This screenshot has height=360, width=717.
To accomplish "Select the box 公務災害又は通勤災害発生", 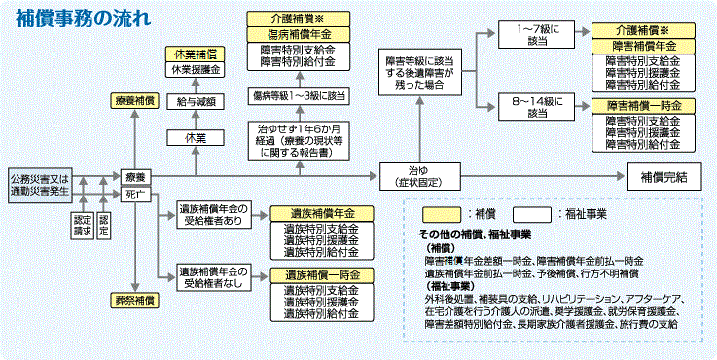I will coord(41,185).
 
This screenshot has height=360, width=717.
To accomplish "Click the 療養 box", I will coord(135,177).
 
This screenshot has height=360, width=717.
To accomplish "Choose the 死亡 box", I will coord(135,195).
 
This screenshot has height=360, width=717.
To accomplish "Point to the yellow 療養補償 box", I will coord(135,100).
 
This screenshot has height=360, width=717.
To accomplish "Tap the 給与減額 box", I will coord(195,100).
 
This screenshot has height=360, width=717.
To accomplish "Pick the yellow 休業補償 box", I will coord(195,54).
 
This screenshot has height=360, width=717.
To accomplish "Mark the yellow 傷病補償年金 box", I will coord(299,33).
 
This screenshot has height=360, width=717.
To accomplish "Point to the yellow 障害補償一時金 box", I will coord(643,105).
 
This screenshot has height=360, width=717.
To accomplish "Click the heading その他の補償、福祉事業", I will coord(475,235).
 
